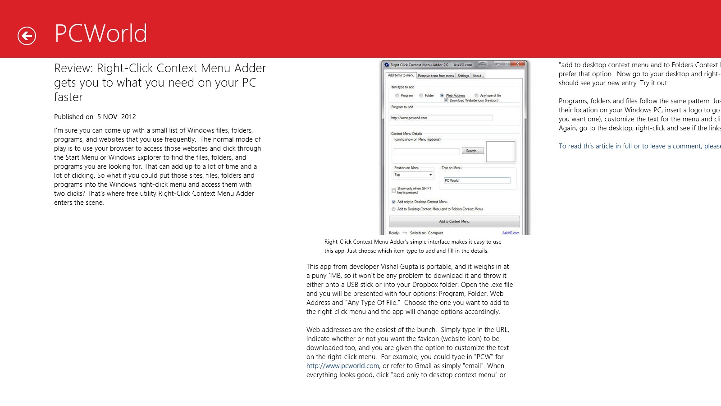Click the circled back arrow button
[27, 36]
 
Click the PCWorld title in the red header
[101, 33]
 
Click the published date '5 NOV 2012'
[116, 117]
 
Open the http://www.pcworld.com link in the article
[342, 366]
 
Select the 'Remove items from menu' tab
[436, 76]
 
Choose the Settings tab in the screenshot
[463, 76]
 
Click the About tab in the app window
[478, 76]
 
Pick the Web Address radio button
[442, 96]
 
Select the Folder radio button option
[421, 96]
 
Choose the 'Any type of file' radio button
[476, 96]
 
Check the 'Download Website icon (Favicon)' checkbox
[446, 100]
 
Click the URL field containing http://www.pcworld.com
[441, 118]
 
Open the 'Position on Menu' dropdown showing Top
[414, 175]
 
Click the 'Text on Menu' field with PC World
[477, 180]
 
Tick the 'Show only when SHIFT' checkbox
[394, 190]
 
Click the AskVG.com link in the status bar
[511, 233]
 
